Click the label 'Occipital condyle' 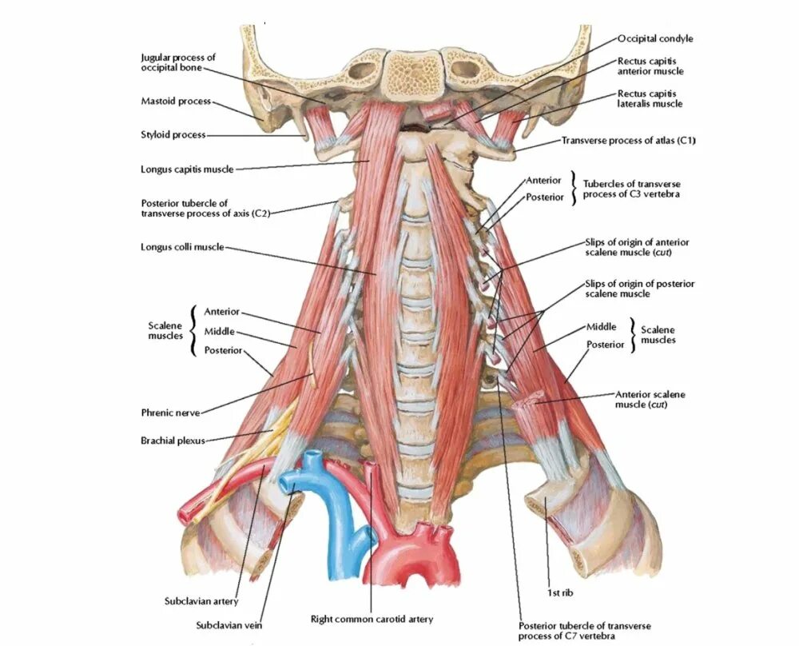pos(655,38)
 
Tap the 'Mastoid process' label pos(176,102)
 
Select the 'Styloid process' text pos(173,135)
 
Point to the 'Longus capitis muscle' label pos(188,169)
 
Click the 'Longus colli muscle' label pos(182,247)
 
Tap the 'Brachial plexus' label pos(173,440)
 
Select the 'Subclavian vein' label pos(229,624)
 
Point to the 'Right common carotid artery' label pos(372,619)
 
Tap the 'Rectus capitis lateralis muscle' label pos(650,98)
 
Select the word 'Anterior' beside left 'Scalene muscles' pos(221,312)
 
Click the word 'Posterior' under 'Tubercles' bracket pos(544,197)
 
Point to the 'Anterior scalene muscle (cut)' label pos(650,399)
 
